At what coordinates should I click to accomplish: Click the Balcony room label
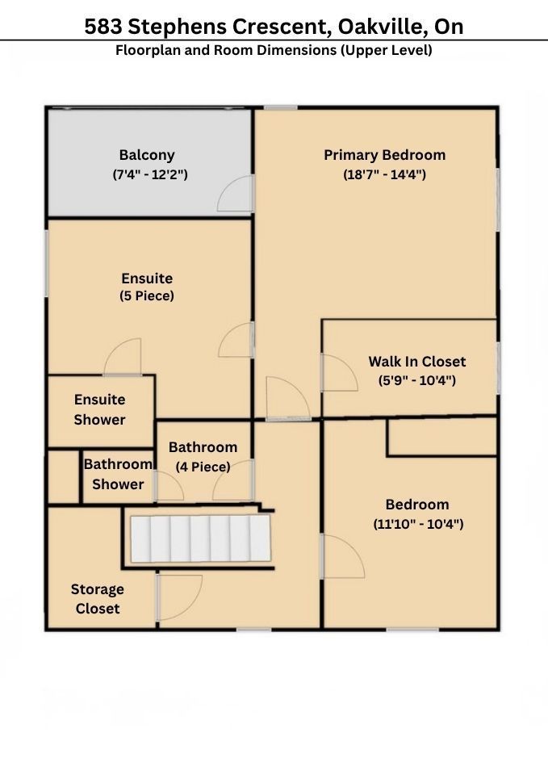147,155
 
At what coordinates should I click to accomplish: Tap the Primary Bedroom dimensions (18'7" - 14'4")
384,174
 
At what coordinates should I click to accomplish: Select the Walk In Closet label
417,362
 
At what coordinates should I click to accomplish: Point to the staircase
201,538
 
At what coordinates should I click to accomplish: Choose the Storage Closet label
98,598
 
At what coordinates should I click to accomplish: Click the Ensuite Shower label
99,410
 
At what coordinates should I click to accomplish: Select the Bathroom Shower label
118,474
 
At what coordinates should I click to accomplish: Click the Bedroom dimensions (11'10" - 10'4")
418,524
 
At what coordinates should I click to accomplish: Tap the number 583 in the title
102,27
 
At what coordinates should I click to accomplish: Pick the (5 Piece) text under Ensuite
147,296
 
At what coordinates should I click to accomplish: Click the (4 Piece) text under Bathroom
203,467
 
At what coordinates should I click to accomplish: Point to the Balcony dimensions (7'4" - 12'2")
150,174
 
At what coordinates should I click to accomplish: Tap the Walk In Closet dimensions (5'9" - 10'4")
417,380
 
